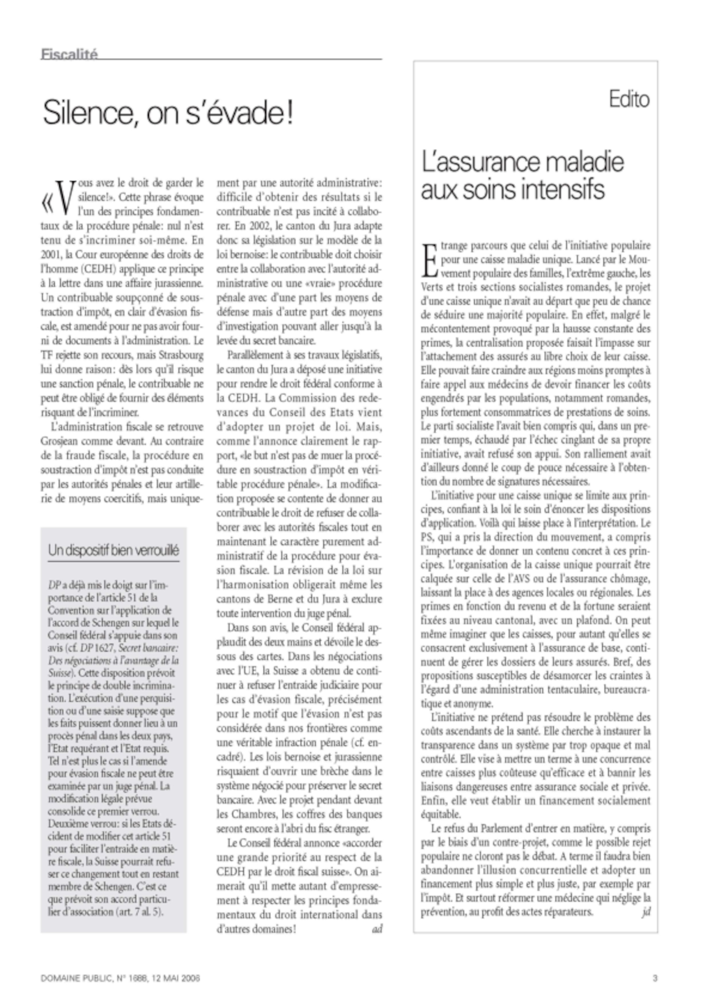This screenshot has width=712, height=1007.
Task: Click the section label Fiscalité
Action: [69, 54]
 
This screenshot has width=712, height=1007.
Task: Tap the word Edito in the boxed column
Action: [629, 100]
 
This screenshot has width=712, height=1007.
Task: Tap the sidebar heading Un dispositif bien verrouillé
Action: [114, 550]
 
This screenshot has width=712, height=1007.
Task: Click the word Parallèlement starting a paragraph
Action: [255, 355]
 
